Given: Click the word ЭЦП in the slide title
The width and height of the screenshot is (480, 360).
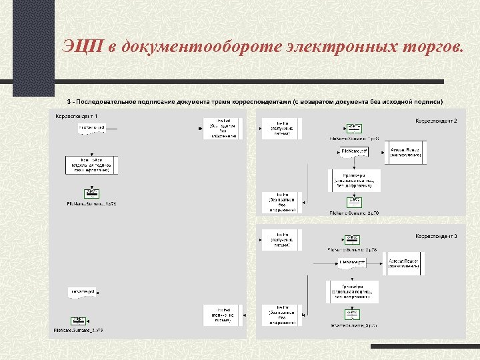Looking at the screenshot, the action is pyautogui.click(x=81, y=47).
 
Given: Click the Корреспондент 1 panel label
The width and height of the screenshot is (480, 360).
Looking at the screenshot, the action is pyautogui.click(x=77, y=117).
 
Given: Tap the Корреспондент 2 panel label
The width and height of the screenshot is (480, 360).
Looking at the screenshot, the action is pyautogui.click(x=436, y=121).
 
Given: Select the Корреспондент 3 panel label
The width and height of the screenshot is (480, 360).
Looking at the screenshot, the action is pyautogui.click(x=436, y=236).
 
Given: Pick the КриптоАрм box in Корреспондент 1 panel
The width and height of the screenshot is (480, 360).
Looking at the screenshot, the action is pyautogui.click(x=91, y=165).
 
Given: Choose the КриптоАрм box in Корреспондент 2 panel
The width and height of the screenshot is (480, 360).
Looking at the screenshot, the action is pyautogui.click(x=354, y=180).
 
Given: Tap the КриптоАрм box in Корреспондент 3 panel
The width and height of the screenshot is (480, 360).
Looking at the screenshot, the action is pyautogui.click(x=353, y=291).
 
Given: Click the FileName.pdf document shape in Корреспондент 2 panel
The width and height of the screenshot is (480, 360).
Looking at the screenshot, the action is pyautogui.click(x=354, y=153).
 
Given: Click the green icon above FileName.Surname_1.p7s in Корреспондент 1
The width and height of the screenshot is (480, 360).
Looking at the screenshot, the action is pyautogui.click(x=92, y=193).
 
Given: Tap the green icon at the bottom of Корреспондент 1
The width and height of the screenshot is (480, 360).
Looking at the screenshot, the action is pyautogui.click(x=78, y=321).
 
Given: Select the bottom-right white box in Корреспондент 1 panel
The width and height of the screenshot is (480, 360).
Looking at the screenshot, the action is pyautogui.click(x=223, y=315).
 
